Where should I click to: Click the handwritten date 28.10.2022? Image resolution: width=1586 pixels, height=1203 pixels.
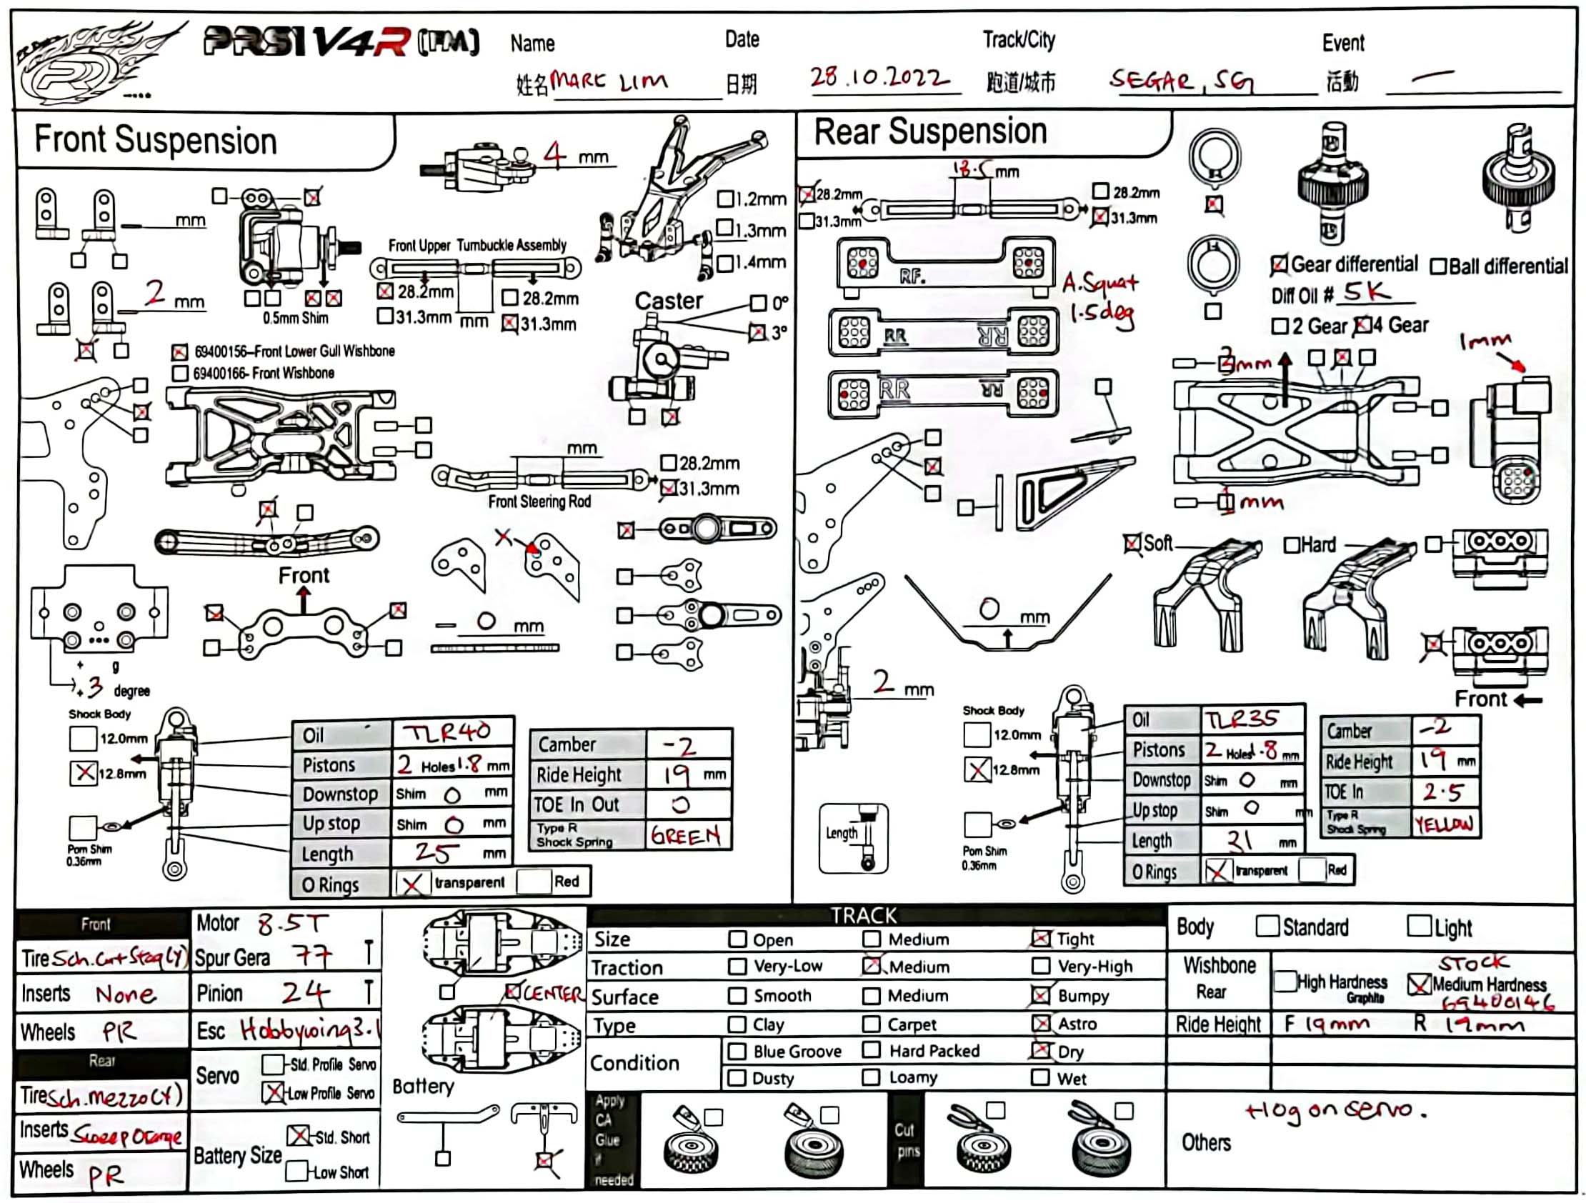(x=879, y=76)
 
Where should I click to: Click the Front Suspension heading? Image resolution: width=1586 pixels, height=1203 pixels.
(x=156, y=140)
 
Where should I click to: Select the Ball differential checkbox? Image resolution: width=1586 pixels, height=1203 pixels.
(x=1437, y=266)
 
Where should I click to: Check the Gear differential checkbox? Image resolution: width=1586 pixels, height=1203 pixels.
(x=1278, y=265)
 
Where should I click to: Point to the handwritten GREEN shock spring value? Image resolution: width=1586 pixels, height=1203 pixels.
(x=685, y=836)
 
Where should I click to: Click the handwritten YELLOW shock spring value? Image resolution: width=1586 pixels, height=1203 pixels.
(x=1443, y=824)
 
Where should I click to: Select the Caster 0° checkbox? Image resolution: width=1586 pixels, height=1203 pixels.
(x=758, y=304)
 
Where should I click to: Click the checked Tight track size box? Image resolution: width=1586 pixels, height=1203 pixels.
(x=1040, y=939)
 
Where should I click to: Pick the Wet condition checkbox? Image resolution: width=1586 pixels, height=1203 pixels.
(x=1039, y=1077)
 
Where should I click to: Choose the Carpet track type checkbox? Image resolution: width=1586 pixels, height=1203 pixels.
(x=871, y=1024)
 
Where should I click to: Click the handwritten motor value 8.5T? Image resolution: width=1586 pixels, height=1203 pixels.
(x=291, y=924)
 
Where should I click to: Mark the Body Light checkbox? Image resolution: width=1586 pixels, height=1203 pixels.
(x=1417, y=926)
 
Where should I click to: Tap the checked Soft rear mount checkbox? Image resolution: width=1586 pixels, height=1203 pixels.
(x=1132, y=544)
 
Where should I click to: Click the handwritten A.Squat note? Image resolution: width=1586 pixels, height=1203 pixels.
(x=1100, y=284)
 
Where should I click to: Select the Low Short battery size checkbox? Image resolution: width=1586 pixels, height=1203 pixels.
(x=296, y=1172)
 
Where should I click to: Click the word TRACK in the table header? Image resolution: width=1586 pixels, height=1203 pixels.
(x=863, y=916)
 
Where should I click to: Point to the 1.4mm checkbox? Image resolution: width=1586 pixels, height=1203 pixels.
(x=725, y=263)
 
